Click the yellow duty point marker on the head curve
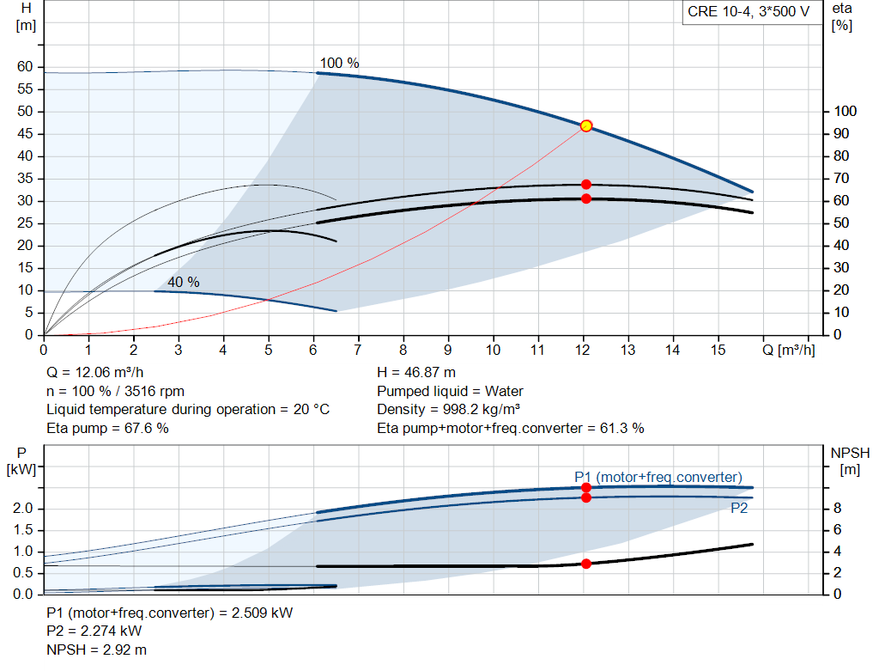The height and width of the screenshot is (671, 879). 586,125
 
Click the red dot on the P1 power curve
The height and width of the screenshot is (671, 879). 586,487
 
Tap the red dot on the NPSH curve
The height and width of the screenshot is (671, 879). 586,564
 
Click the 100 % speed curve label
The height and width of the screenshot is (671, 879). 339,63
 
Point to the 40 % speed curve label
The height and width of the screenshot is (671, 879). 183,282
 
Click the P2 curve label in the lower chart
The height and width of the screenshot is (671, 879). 740,508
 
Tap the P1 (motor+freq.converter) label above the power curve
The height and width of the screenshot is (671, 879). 658,477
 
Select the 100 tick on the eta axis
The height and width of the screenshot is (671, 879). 845,112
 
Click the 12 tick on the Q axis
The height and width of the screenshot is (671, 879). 584,350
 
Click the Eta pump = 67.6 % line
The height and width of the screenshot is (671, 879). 107,428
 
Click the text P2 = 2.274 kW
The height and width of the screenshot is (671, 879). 94,631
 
